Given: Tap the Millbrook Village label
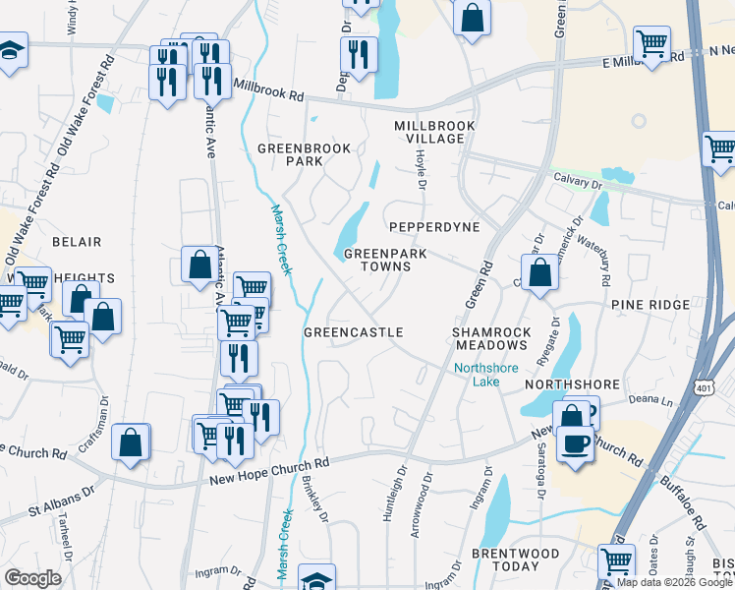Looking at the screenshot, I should pos(434,133).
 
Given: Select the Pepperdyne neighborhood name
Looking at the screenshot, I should pos(433,227).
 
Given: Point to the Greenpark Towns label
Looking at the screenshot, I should pos(385,260).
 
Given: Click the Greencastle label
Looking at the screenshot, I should pos(353,333).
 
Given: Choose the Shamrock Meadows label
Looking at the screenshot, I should pos(489,338).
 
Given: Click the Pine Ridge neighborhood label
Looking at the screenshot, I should pos(650,306).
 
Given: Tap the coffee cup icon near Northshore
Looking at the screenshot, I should pos(575,442).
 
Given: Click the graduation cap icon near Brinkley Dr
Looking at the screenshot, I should pos(316,578).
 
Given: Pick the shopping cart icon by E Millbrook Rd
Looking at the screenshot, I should pos(651,43).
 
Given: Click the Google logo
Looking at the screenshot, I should pos(32,577).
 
